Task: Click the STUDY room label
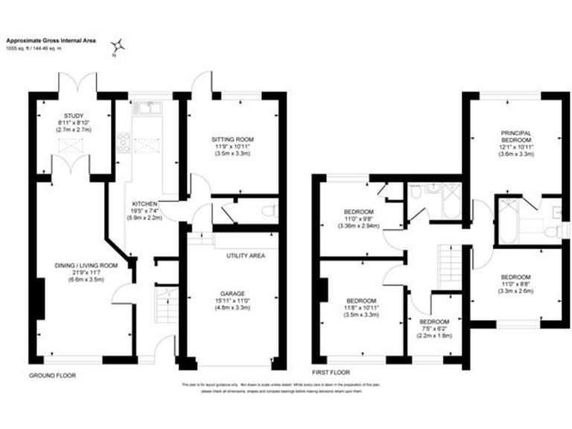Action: click(74, 115)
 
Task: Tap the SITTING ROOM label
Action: click(233, 139)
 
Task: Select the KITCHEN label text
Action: click(144, 203)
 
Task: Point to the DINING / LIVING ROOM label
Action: click(86, 264)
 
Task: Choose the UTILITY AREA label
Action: click(245, 255)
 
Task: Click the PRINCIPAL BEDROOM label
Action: click(515, 136)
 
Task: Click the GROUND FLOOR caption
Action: click(53, 375)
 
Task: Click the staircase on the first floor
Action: click(448, 261)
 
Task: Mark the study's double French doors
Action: click(77, 78)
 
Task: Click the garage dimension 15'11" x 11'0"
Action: click(233, 301)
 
